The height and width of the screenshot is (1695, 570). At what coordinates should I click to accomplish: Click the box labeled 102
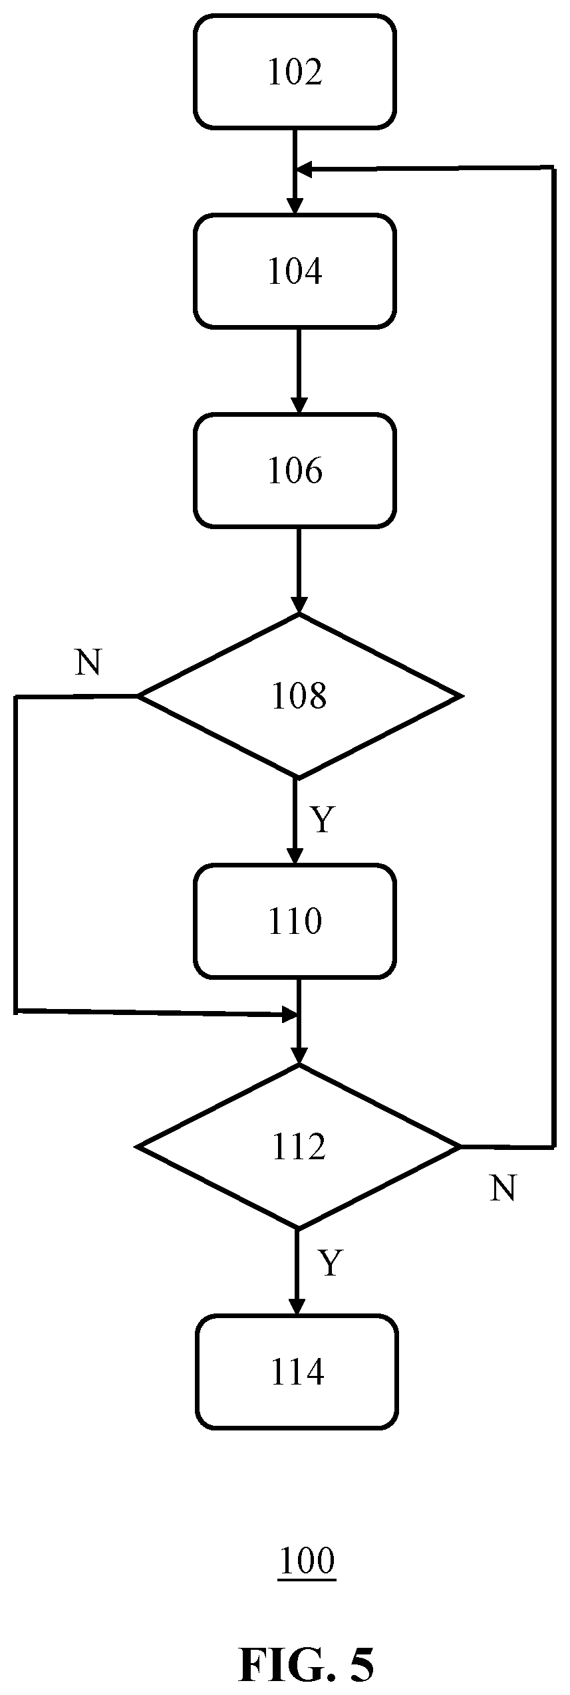(x=295, y=72)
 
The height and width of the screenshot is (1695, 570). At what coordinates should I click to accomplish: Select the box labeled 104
(x=295, y=271)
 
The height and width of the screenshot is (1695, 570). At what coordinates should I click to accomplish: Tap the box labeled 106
(x=295, y=471)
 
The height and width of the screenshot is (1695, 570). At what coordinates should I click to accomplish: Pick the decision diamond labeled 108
(x=299, y=696)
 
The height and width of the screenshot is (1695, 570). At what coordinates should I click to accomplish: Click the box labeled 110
(x=295, y=921)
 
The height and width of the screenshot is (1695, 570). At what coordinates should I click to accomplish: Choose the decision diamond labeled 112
(x=299, y=1147)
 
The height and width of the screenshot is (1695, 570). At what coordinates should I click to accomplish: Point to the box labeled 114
(x=297, y=1372)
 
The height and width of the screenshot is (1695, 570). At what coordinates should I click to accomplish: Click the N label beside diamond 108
(x=88, y=662)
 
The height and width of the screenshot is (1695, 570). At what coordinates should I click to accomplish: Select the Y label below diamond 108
(x=322, y=820)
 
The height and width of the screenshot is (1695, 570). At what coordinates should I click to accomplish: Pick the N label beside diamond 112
(x=503, y=1188)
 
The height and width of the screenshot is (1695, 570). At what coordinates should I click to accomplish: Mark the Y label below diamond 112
(x=330, y=1263)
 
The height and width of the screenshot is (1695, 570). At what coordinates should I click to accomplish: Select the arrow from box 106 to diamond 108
(x=299, y=570)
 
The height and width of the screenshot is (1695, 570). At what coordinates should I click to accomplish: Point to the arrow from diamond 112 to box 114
(x=297, y=1272)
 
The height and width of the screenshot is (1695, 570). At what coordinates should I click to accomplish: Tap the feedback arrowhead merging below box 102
(x=304, y=171)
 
